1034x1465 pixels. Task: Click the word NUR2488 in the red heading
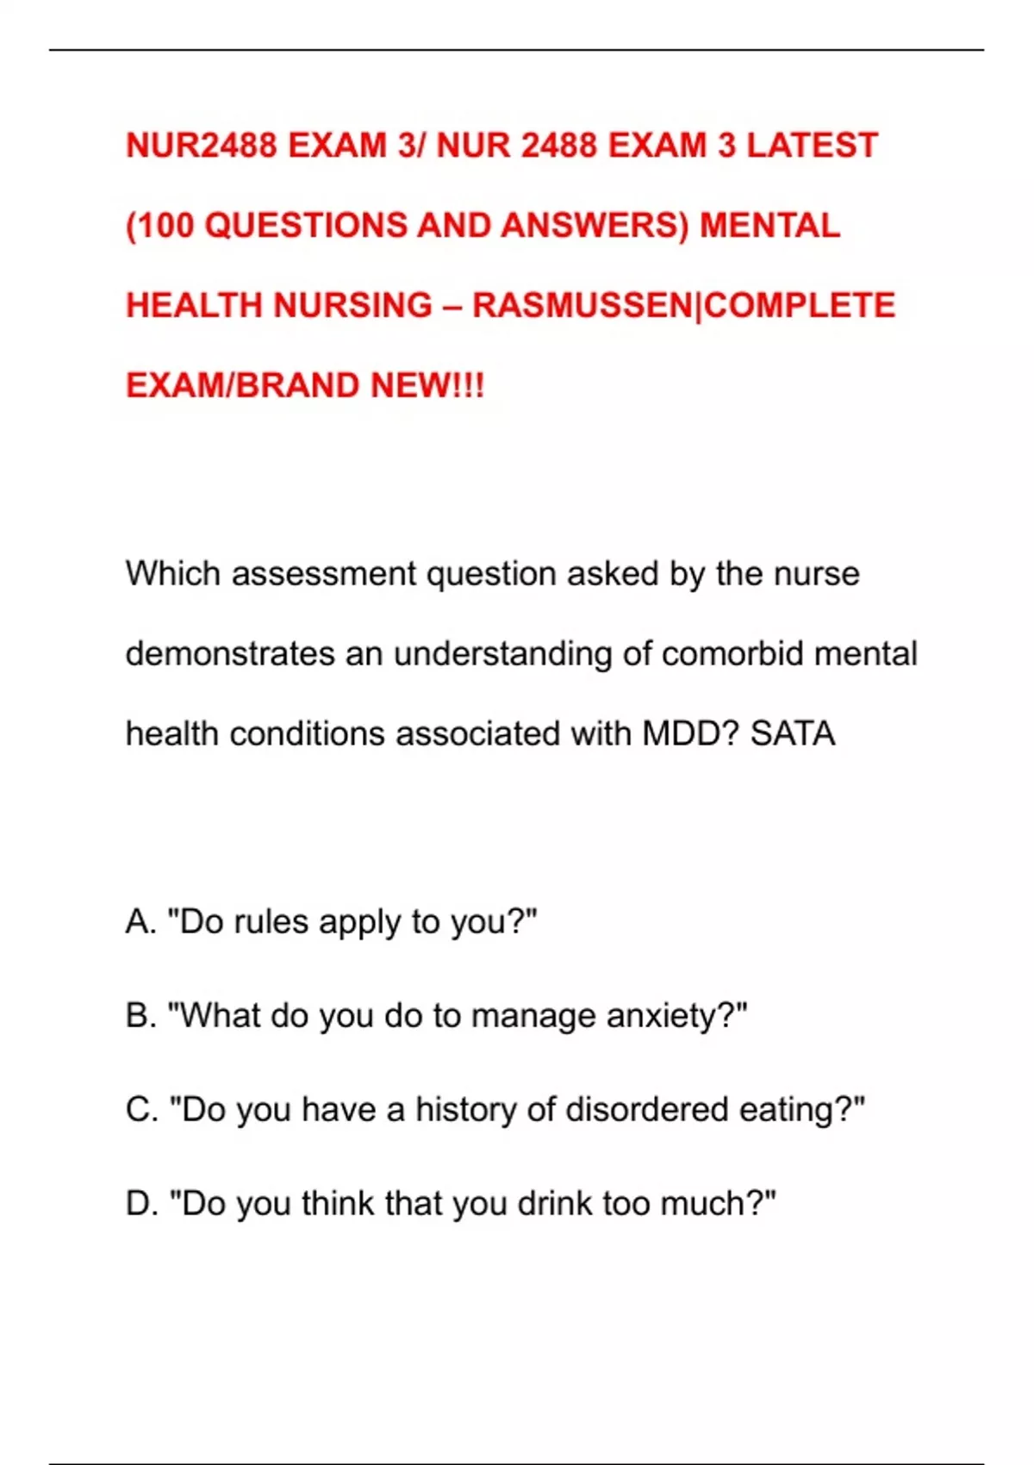[x=202, y=146]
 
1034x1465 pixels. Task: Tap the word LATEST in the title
[x=812, y=146]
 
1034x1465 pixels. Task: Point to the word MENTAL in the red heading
[x=769, y=226]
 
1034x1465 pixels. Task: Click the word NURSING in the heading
[x=352, y=306]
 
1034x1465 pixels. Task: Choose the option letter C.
[x=140, y=1110]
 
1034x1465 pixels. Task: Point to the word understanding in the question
[x=503, y=654]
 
